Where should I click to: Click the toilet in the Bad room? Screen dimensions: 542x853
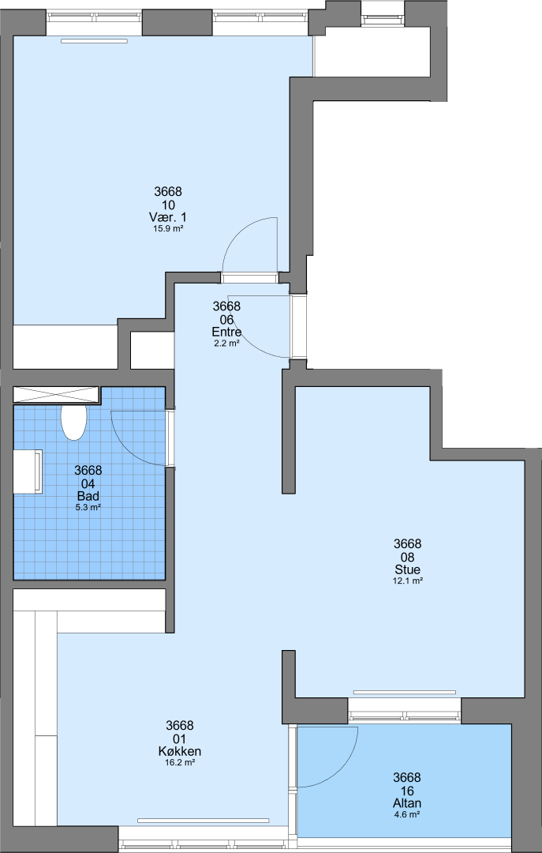74,422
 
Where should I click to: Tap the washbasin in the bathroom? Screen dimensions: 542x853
28,472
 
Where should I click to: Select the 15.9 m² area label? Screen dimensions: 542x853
168,229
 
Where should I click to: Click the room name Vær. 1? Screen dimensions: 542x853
168,217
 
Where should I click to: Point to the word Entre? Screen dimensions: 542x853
226,332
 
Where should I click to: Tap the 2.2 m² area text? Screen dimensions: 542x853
226,344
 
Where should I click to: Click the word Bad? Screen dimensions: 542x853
88,496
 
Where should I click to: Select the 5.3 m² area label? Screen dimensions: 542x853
88,508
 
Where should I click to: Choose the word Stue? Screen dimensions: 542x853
408,569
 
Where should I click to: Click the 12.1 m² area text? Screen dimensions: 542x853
408,581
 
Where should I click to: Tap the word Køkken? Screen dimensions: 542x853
180,751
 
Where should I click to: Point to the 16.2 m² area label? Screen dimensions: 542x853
180,763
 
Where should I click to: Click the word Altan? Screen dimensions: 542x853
407,803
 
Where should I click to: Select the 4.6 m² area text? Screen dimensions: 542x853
407,814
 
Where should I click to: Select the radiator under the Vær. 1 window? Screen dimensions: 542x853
94,41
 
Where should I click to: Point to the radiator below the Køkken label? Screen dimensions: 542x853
204,821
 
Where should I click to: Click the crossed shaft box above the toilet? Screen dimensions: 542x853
56,395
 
